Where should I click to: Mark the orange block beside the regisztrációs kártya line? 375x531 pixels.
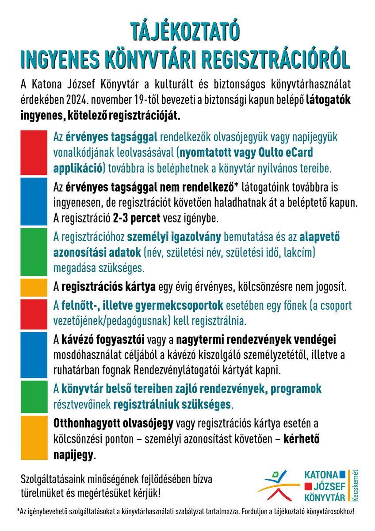point(34,287)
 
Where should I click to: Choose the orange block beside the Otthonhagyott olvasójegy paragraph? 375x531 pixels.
point(34,438)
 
